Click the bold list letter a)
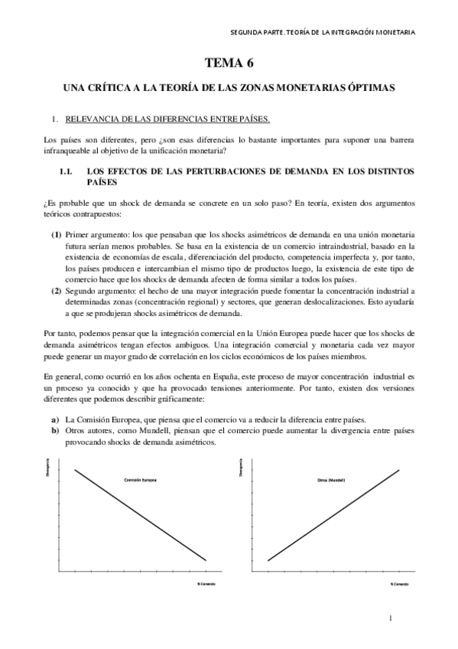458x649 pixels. [x=55, y=419]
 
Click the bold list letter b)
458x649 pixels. [x=55, y=432]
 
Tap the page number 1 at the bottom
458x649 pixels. [x=390, y=618]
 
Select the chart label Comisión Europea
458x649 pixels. [x=140, y=480]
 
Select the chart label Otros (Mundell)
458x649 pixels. [x=331, y=480]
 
